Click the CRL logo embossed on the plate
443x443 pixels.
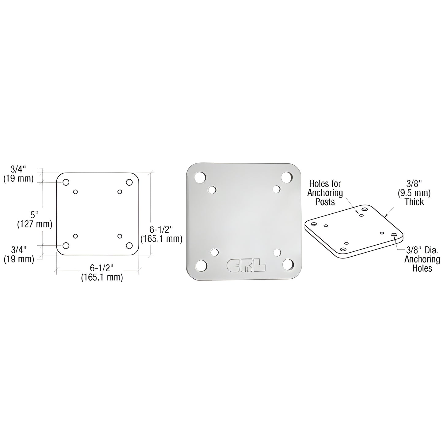coord(246,265)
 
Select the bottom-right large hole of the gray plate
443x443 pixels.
coord(288,265)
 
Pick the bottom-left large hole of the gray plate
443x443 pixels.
coord(201,265)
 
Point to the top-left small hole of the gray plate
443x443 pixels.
coord(212,190)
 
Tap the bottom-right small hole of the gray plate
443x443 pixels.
coord(277,252)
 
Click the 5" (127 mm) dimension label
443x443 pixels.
coord(34,219)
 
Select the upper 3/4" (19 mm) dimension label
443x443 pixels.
coord(18,174)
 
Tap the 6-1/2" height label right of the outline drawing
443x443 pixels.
coord(161,234)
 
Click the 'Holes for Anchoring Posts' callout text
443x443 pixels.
coord(325,193)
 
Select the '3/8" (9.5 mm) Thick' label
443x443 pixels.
coord(414,193)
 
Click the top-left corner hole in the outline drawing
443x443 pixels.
coord(66,182)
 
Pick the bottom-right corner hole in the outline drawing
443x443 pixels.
coord(129,246)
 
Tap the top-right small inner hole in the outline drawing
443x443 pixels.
coord(120,192)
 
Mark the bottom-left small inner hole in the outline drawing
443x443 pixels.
coord(75,236)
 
